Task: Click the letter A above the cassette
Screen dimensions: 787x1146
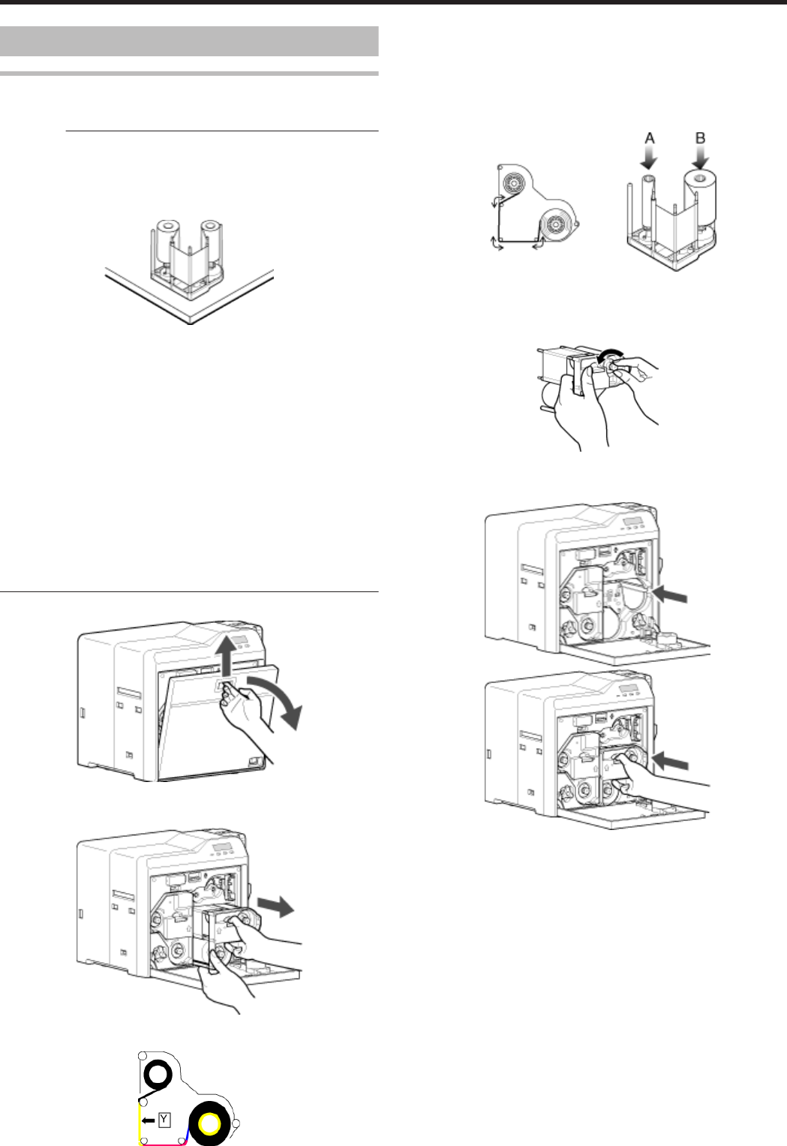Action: [x=650, y=139]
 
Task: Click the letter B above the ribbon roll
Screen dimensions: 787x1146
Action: [x=700, y=139]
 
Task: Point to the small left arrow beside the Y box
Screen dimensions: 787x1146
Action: [x=149, y=1120]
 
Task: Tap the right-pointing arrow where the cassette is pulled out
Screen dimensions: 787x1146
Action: [x=276, y=905]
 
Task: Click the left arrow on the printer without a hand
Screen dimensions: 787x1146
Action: [x=670, y=594]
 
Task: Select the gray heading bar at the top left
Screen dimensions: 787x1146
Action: [x=188, y=41]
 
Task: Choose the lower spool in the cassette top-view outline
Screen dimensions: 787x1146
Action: [x=557, y=223]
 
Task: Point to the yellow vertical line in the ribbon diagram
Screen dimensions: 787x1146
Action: [x=140, y=1121]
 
